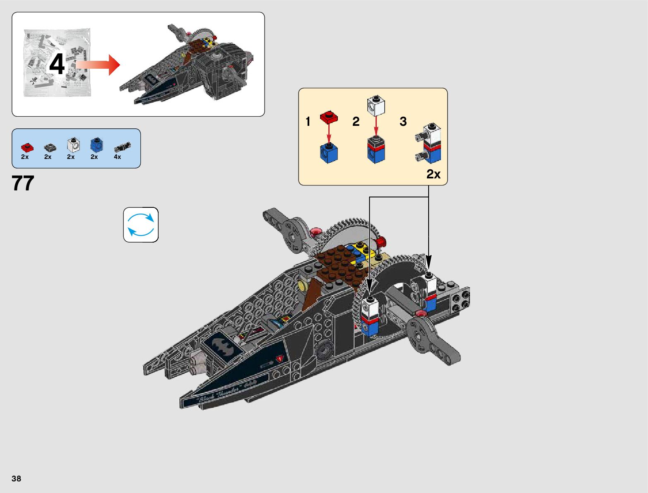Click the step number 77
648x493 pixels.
(23, 183)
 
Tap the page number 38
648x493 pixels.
(16, 479)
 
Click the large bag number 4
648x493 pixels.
(57, 65)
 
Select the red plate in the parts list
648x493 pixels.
(27, 147)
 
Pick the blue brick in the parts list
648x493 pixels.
(96, 145)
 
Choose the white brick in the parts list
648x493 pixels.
(73, 145)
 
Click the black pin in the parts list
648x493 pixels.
(123, 147)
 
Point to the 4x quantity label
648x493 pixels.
(118, 157)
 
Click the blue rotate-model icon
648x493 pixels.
(141, 225)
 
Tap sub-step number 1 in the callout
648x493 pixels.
(308, 122)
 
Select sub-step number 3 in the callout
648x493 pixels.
(403, 122)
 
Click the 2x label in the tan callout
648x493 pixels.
(433, 174)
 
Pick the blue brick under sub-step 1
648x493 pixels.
(329, 153)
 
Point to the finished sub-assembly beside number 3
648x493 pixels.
(429, 144)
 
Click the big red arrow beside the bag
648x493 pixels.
(98, 65)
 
